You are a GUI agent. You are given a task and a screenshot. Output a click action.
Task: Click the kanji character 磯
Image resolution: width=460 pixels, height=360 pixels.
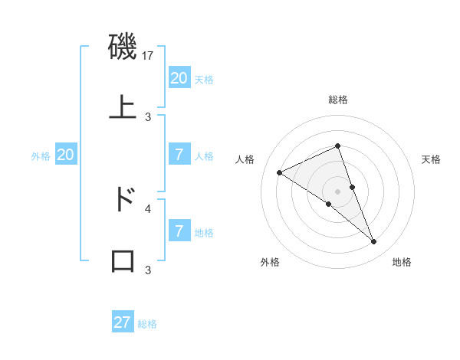(x=123, y=47)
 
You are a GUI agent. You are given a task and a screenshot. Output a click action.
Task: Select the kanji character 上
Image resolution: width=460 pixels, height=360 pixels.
(x=123, y=106)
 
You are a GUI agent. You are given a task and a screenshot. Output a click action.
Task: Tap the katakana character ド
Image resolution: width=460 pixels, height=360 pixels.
(x=123, y=199)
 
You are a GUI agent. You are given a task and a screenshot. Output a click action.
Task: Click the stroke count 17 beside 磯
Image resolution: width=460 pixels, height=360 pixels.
(x=149, y=56)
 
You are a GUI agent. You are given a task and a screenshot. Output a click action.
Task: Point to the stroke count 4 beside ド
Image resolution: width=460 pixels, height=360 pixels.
(x=148, y=208)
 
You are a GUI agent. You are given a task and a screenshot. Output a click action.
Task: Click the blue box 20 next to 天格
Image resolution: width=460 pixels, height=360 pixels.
(x=179, y=77)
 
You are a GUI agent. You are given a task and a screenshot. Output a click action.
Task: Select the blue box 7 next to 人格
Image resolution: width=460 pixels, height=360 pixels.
(x=179, y=155)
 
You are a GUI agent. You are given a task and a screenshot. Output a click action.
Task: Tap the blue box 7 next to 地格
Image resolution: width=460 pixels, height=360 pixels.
(x=179, y=231)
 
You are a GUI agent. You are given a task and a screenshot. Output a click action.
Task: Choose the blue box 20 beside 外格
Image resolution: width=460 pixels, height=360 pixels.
(x=65, y=155)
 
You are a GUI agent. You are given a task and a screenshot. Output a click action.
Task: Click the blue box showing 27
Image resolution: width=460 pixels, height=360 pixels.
(x=123, y=322)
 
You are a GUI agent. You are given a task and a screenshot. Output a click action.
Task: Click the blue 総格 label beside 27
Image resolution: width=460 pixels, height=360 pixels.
(x=147, y=324)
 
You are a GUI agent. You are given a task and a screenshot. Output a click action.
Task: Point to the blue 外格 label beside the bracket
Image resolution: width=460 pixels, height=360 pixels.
(x=41, y=156)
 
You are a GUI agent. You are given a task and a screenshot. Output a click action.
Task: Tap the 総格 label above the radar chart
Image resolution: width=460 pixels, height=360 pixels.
(x=338, y=100)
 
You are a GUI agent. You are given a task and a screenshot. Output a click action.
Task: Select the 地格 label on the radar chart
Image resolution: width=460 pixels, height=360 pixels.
(x=402, y=262)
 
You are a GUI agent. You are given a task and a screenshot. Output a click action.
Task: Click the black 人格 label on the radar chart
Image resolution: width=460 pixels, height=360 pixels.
(x=245, y=159)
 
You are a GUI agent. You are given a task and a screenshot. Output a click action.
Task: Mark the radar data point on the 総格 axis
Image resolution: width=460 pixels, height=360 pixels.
(x=337, y=146)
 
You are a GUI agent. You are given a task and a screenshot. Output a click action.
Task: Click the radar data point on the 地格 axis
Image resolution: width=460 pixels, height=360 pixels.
(x=374, y=242)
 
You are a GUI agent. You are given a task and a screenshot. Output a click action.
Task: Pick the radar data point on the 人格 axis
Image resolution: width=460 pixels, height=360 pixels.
(x=279, y=172)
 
